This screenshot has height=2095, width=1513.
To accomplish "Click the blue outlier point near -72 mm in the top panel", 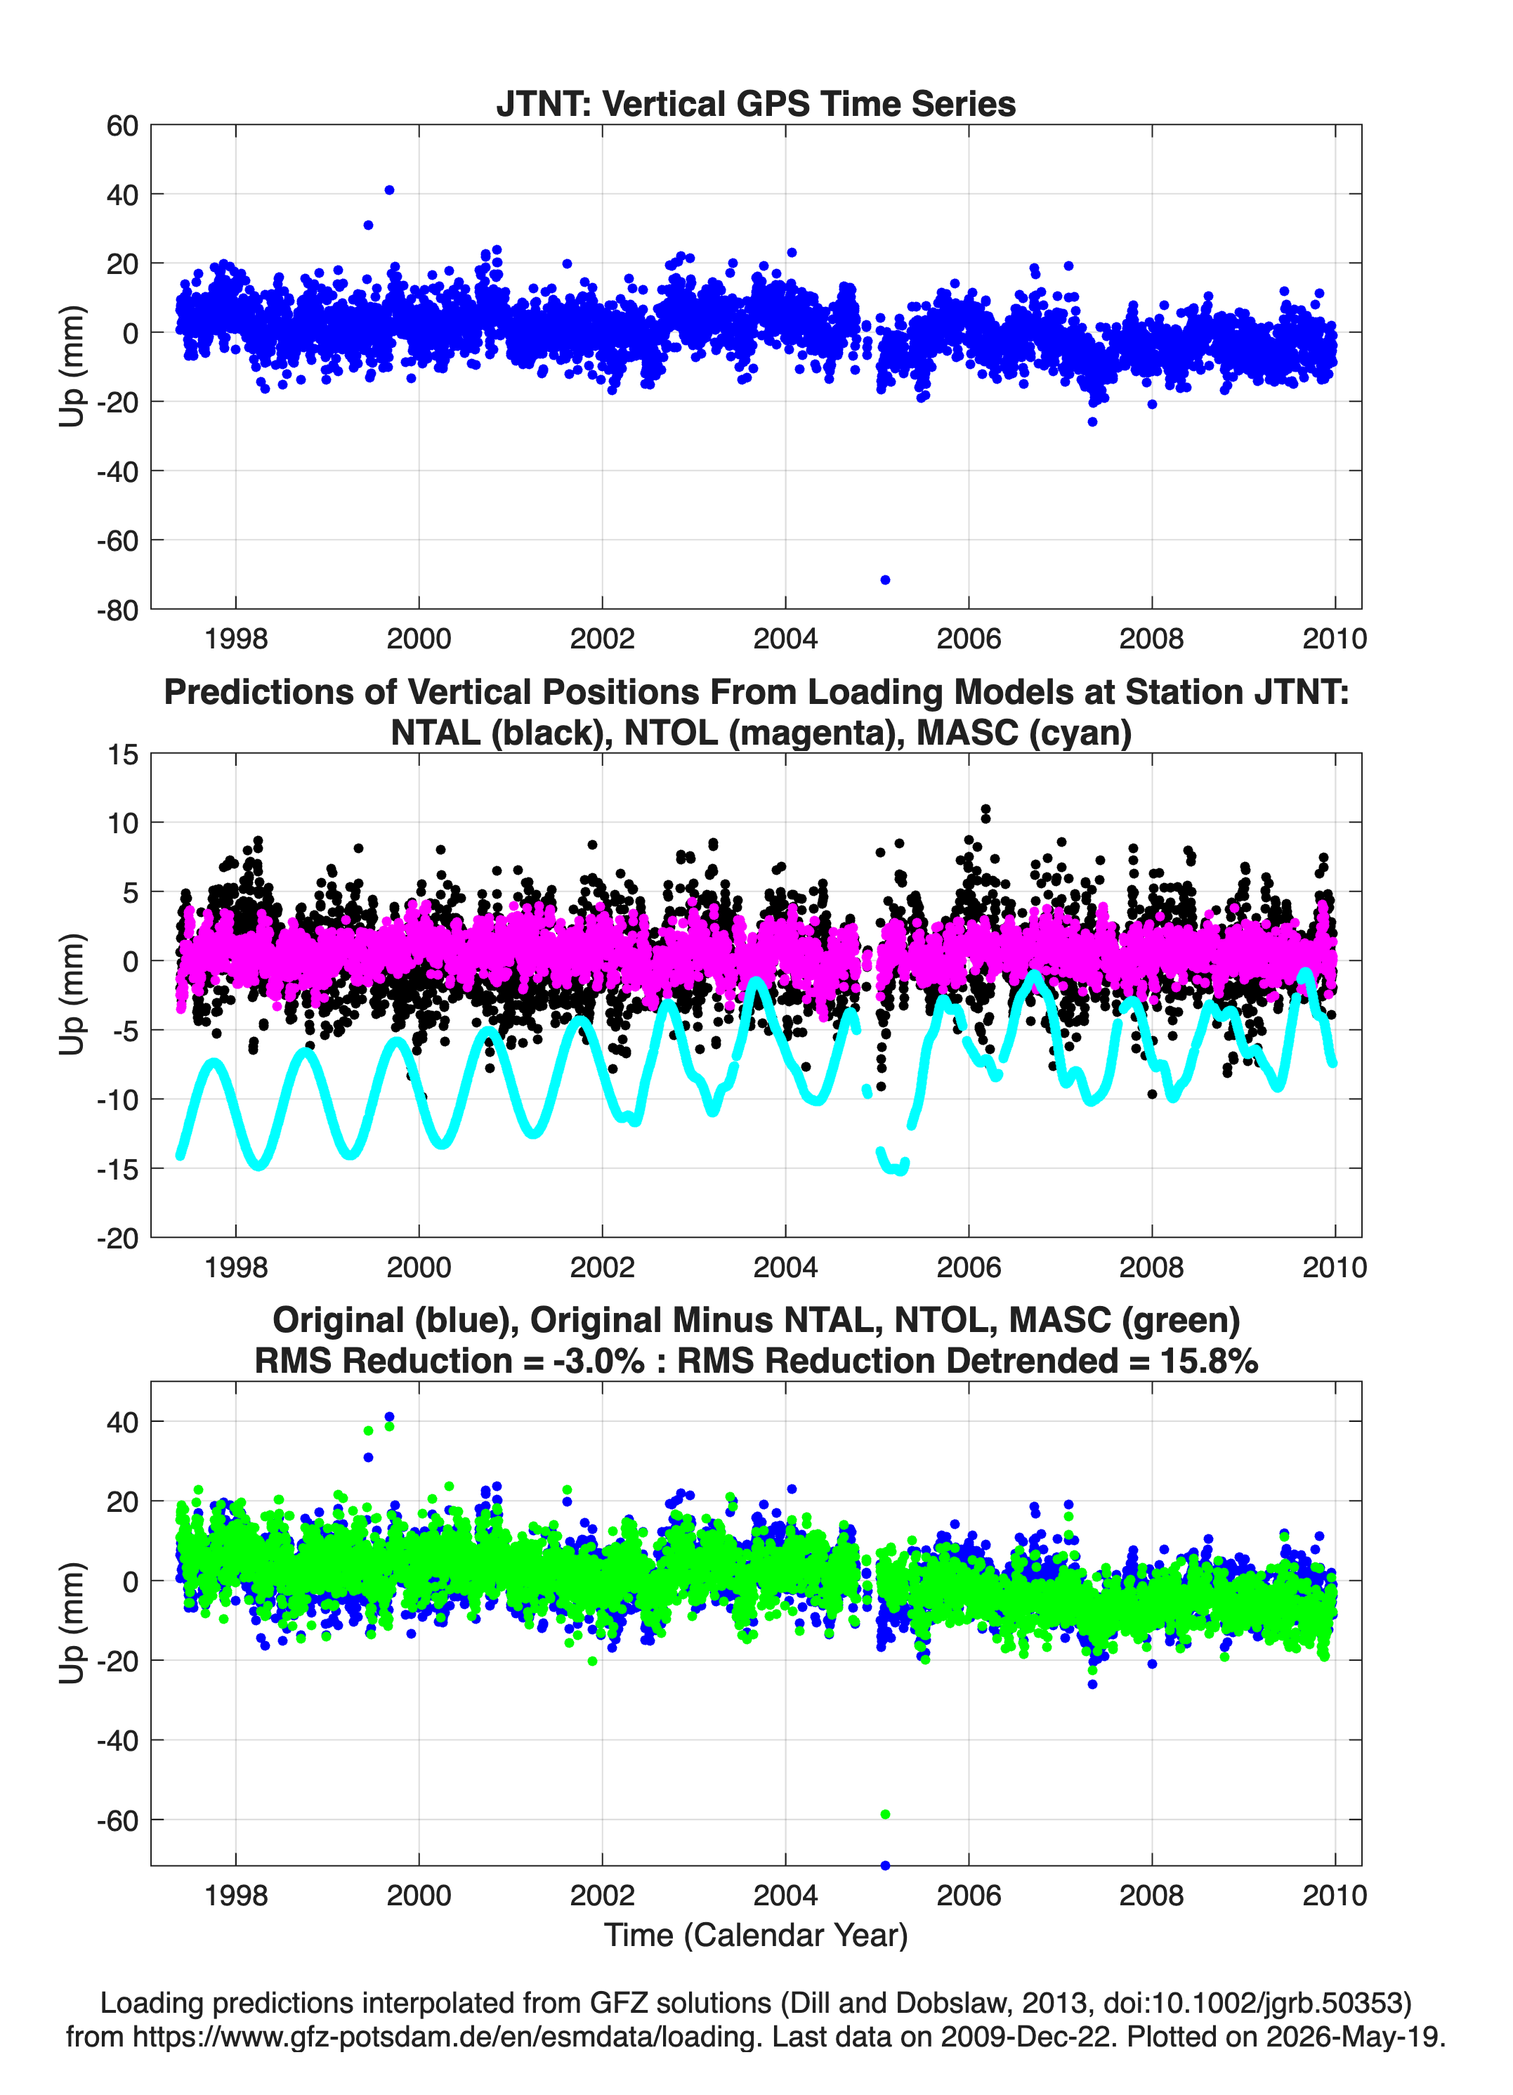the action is point(885,580).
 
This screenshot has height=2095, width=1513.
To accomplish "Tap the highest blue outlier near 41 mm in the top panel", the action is point(389,190).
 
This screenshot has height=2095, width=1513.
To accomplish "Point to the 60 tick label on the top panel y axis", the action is point(122,126).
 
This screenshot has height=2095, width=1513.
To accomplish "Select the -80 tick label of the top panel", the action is point(117,610).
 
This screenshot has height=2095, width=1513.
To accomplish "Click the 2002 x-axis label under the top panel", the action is point(602,639).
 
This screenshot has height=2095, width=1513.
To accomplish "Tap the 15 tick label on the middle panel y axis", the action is point(123,755).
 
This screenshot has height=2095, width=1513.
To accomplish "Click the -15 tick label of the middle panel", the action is point(117,1170).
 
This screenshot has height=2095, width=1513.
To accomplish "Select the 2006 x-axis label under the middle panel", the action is point(969,1267).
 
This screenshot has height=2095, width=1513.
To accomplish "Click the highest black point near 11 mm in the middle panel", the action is point(985,809).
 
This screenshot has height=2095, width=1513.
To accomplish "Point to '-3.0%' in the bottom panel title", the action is point(594,1361).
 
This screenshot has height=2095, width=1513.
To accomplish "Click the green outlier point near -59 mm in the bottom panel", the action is point(885,1814).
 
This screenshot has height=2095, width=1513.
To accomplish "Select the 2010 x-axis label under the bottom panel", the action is point(1335,1895).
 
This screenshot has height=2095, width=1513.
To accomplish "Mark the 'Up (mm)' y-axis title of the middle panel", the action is point(72,995).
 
